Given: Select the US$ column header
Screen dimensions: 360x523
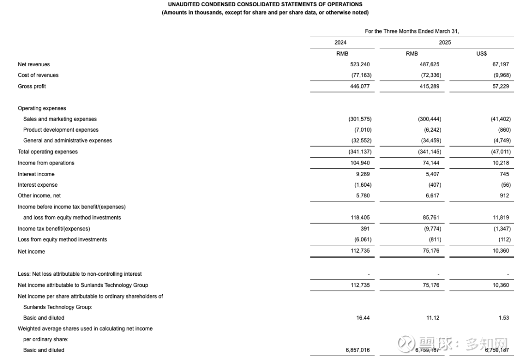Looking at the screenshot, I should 481,54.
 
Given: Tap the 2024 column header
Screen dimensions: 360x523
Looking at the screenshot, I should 340,43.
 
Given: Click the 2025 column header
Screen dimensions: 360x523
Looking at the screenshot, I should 445,43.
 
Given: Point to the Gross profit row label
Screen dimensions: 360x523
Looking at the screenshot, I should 32,86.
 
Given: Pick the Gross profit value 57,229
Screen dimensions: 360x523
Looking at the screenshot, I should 500,86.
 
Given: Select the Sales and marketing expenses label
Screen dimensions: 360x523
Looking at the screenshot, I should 60,119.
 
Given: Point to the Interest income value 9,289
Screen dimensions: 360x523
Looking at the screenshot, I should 363,174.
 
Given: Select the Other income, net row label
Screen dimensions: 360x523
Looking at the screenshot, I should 39,196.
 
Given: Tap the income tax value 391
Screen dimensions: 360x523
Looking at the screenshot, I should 365,229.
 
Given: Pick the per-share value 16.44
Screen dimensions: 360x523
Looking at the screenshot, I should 363,318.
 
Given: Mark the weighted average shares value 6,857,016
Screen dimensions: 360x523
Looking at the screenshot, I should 358,350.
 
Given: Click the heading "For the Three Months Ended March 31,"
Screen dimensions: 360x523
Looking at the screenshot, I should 412,31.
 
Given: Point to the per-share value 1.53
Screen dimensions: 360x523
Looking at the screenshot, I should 504,318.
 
